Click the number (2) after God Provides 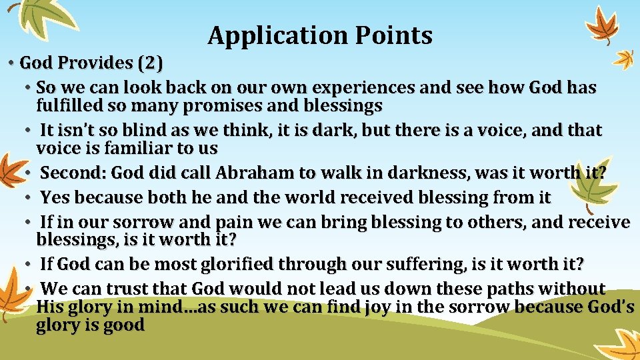(x=149, y=63)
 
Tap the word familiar (x=127, y=148)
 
